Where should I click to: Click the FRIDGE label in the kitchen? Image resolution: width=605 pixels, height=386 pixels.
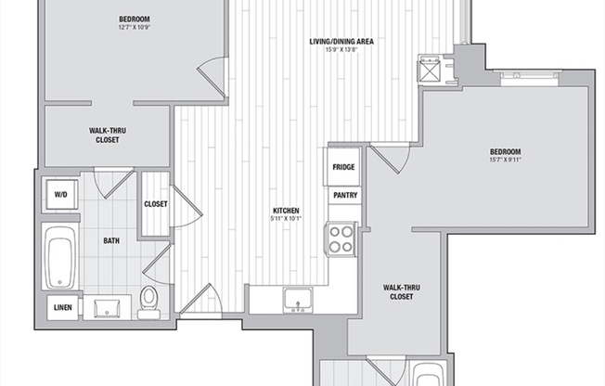[343, 167]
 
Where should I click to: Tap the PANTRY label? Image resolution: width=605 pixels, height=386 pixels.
[345, 195]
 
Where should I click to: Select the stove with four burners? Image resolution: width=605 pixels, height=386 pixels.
[341, 239]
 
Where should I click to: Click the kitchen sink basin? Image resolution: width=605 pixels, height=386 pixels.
[297, 300]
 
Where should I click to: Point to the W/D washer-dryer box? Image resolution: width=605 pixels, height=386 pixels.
[60, 195]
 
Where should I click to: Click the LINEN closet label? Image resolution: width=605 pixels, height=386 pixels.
[63, 308]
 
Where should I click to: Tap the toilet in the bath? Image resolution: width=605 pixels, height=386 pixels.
[149, 302]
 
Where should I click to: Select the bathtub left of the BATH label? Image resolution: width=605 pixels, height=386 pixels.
[60, 256]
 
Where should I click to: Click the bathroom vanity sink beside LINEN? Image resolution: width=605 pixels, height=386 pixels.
[108, 307]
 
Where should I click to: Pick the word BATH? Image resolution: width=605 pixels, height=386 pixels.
[111, 241]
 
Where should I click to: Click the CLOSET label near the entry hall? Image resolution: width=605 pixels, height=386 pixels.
[156, 204]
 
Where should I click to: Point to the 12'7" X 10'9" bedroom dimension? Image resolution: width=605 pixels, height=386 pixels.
[135, 28]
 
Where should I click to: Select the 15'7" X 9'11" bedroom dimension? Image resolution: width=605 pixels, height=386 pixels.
[506, 160]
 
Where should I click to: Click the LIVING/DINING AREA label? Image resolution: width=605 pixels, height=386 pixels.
[341, 42]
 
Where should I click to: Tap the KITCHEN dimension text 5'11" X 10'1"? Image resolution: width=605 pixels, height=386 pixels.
[286, 218]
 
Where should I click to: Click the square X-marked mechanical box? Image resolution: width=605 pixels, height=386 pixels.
[430, 69]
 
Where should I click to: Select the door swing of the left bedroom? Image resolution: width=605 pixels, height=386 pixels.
[212, 76]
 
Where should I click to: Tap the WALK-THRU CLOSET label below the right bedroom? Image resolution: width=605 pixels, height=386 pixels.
[402, 292]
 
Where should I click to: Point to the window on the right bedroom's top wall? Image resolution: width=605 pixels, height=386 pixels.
[530, 78]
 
